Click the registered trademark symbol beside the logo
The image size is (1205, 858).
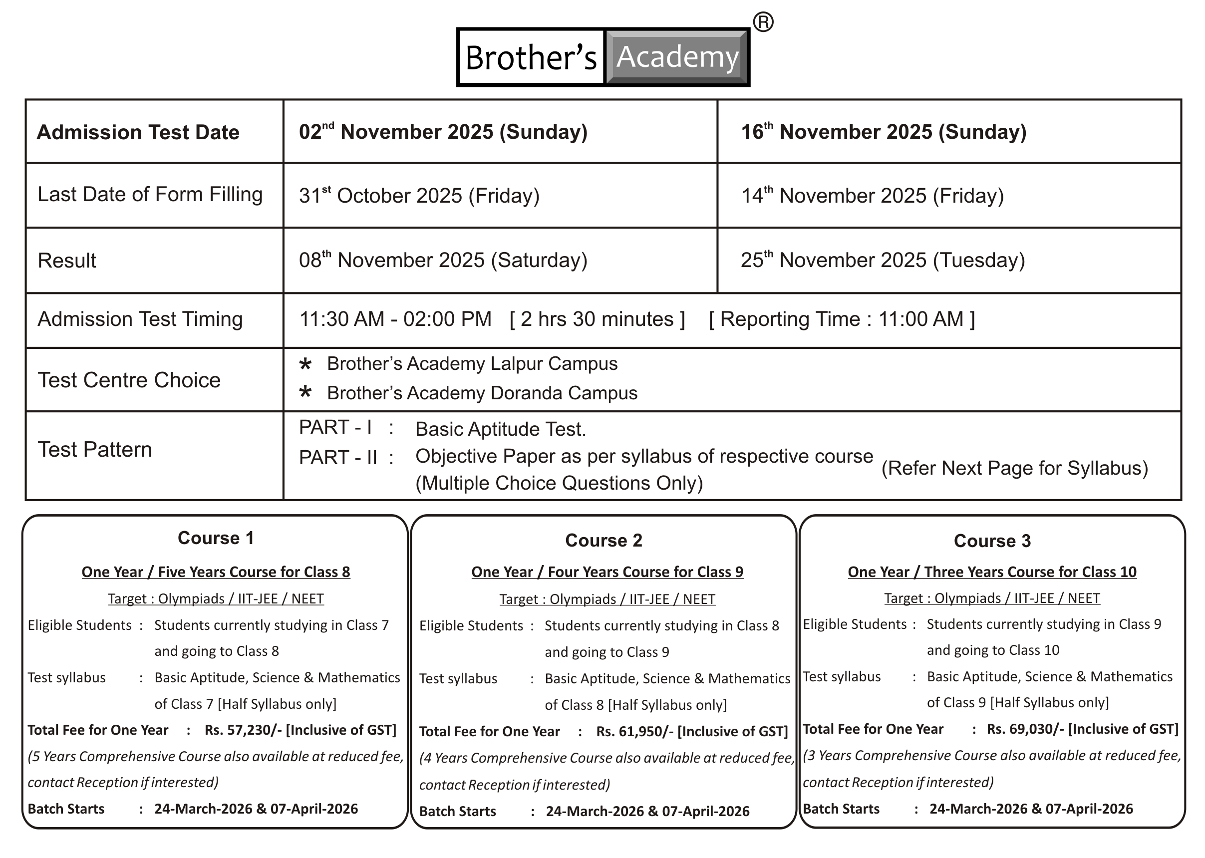pos(763,22)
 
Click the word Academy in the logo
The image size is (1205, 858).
pos(677,56)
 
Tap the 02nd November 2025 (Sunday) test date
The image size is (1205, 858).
pos(443,132)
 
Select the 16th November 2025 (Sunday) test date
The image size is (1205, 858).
pos(883,132)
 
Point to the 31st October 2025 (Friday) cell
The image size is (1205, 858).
pos(419,196)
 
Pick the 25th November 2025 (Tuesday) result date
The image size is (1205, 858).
pos(882,260)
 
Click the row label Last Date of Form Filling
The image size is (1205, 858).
pos(150,195)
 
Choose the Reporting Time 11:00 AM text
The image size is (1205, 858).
pos(842,319)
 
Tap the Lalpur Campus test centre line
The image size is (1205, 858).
pos(472,363)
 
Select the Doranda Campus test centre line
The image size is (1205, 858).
pos(482,393)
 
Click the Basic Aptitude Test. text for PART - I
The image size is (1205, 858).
pos(500,429)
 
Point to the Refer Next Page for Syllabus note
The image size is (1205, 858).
pos(1014,468)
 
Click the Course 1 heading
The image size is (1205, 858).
pos(216,538)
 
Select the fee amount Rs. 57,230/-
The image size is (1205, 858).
pos(243,730)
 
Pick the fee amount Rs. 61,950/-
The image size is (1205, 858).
pos(634,731)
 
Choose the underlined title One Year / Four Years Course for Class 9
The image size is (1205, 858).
pos(607,572)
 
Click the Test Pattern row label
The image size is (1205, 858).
pos(94,450)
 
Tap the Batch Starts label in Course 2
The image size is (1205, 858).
pos(457,811)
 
